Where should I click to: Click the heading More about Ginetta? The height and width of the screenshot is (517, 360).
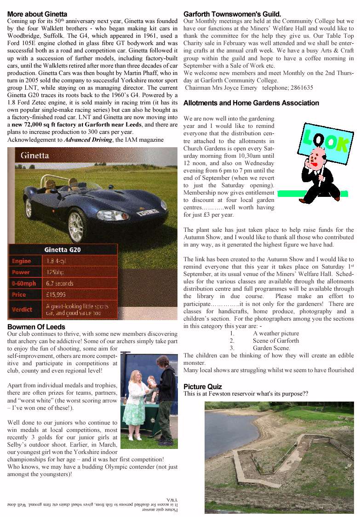37,14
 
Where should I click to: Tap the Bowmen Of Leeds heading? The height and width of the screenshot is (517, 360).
36,327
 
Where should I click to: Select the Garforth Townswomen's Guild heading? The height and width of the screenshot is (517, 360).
232,14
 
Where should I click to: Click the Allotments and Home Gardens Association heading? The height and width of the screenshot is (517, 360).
251,103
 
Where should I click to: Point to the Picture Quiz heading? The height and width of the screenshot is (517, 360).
202,387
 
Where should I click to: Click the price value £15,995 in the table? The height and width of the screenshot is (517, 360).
56,294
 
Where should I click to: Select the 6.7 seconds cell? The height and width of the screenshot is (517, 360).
60,283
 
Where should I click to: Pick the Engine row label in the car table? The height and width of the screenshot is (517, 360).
22,261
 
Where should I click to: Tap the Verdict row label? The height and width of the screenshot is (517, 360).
22,310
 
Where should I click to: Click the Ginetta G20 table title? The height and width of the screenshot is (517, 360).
63,250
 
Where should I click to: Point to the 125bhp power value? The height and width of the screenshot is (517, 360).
55,272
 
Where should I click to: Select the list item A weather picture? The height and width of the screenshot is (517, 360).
275,333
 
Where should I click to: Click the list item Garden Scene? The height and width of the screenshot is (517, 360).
271,348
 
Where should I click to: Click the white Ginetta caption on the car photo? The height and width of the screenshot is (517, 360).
35,155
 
